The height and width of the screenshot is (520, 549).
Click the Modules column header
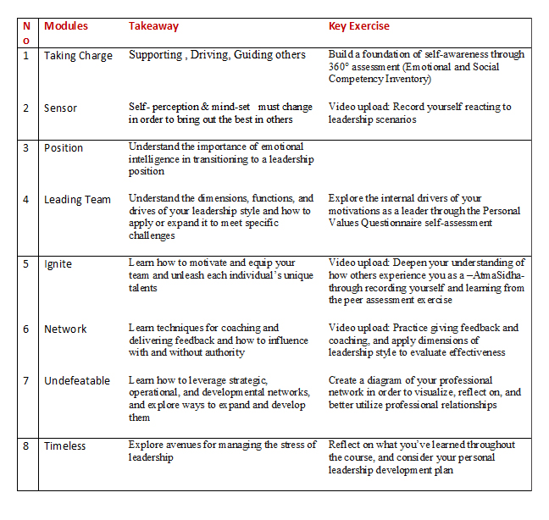point(66,26)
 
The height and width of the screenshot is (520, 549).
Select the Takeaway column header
point(153,26)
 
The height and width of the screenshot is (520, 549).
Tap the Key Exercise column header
point(359,26)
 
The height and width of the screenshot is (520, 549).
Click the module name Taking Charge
point(78,56)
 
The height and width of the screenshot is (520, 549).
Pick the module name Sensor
point(60,108)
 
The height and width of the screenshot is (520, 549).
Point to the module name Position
point(64,148)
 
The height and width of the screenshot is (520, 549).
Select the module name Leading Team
point(77,200)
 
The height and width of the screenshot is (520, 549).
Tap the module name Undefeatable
point(77,381)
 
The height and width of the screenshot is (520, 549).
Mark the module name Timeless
point(65,446)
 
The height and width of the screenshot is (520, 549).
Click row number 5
point(25,264)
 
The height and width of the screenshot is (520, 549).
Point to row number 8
point(25,446)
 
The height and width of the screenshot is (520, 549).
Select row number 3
point(25,148)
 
